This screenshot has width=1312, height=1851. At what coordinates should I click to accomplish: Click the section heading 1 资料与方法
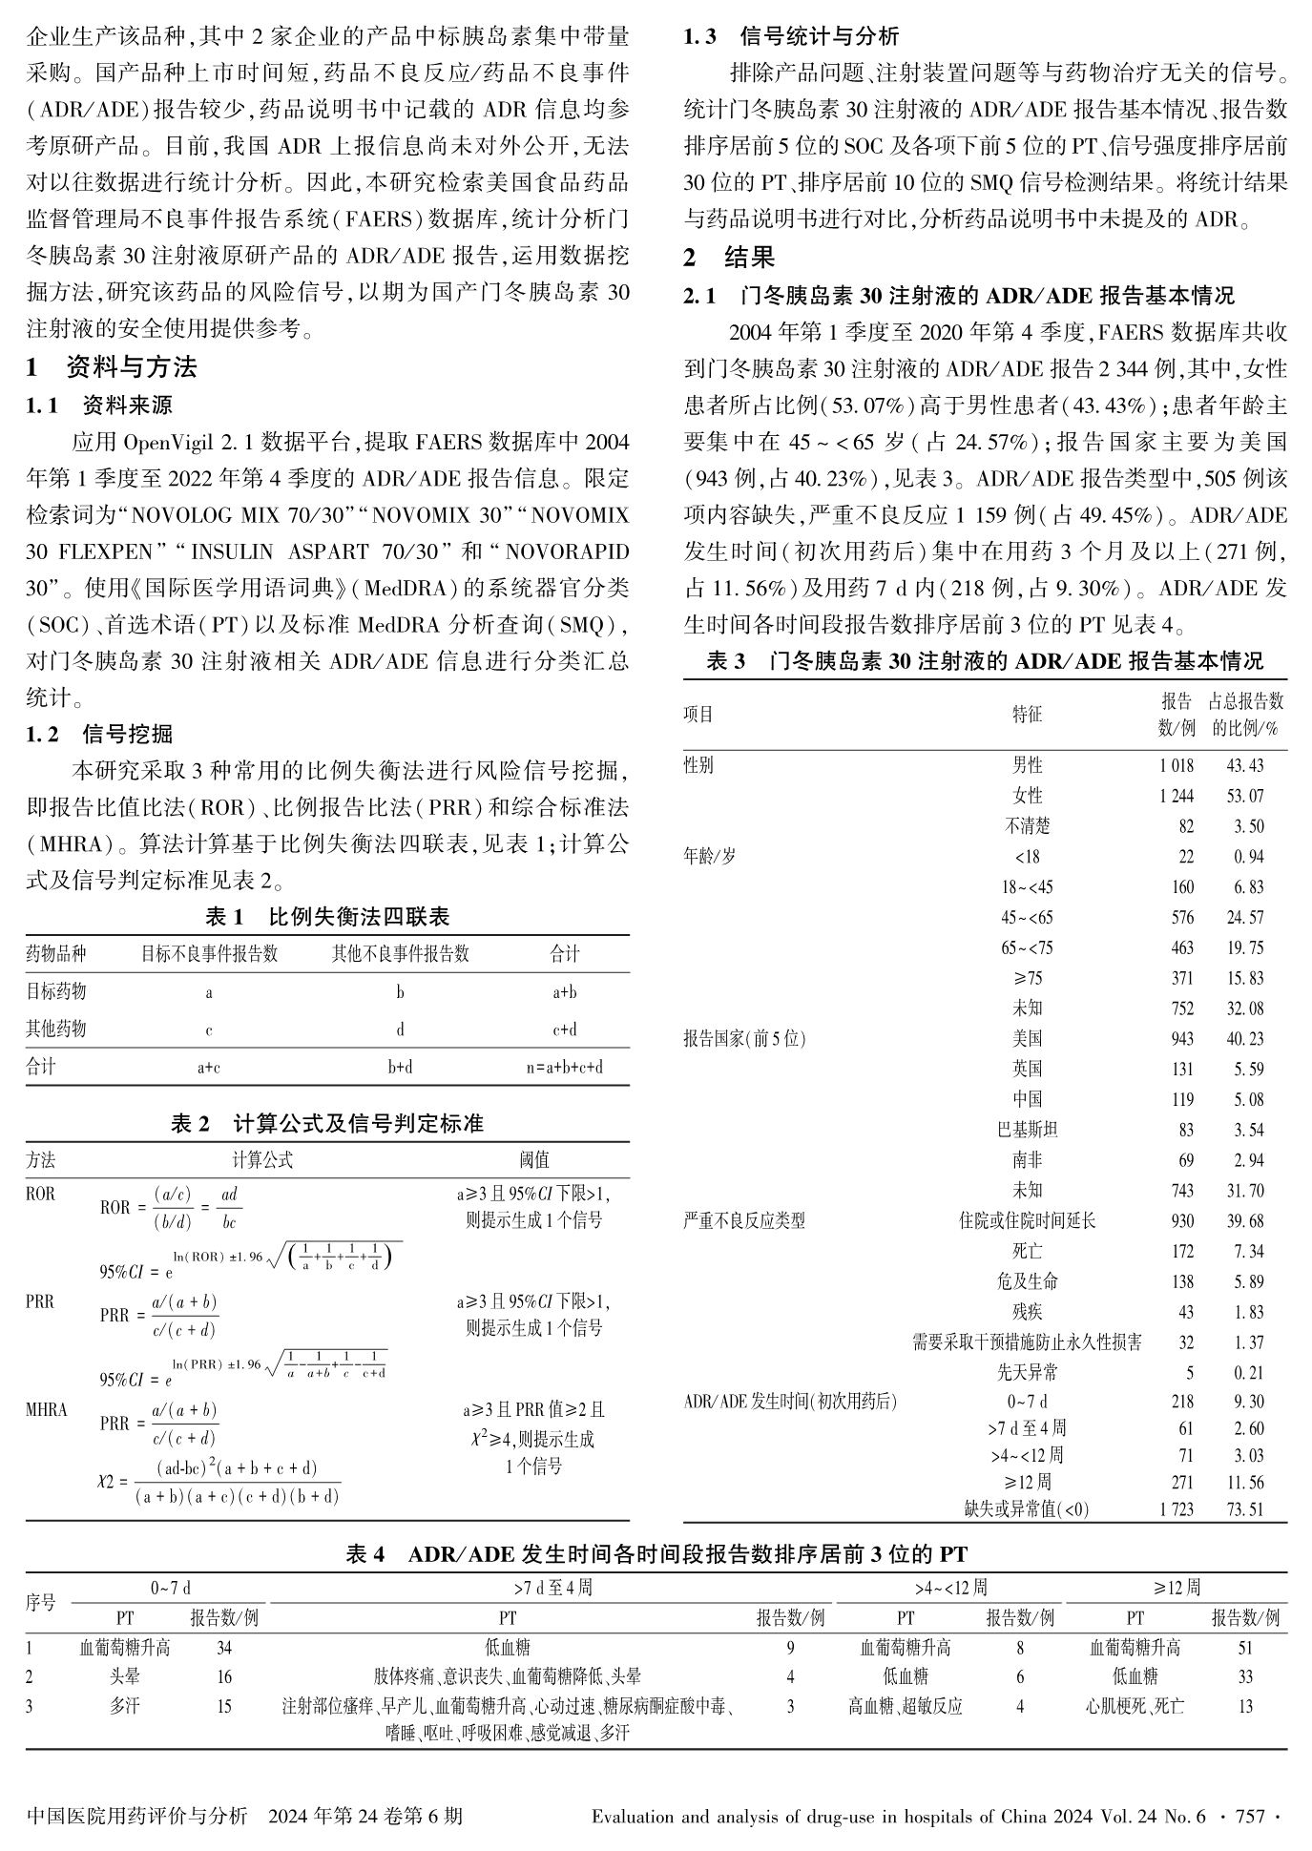pyautogui.click(x=112, y=367)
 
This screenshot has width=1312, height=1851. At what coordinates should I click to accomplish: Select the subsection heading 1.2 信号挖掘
pyautogui.click(x=99, y=734)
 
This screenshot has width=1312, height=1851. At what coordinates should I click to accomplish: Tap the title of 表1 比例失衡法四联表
pyautogui.click(x=327, y=918)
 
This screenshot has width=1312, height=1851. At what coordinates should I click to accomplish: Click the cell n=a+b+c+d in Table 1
pyautogui.click(x=565, y=1067)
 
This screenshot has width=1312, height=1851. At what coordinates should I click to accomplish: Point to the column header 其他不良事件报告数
pyautogui.click(x=400, y=954)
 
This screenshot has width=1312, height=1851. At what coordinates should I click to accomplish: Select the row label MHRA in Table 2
pyautogui.click(x=47, y=1409)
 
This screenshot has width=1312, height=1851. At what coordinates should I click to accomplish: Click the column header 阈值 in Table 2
pyautogui.click(x=534, y=1159)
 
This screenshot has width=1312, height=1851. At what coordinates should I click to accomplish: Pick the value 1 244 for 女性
pyautogui.click(x=1176, y=796)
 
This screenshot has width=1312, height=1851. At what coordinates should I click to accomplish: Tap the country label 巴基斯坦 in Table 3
pyautogui.click(x=1028, y=1130)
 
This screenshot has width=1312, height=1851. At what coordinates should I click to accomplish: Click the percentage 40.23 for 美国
pyautogui.click(x=1245, y=1038)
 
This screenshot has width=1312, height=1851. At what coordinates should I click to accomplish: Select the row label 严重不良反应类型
pyautogui.click(x=744, y=1220)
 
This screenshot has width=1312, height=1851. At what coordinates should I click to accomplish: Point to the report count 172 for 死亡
pyautogui.click(x=1182, y=1251)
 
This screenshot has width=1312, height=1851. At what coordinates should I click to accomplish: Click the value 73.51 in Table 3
pyautogui.click(x=1245, y=1509)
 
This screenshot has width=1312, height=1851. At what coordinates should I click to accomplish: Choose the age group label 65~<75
pyautogui.click(x=1028, y=947)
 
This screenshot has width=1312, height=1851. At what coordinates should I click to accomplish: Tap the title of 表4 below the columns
pyautogui.click(x=656, y=1554)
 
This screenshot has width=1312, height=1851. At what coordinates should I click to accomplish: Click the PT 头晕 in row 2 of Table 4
pyautogui.click(x=124, y=1676)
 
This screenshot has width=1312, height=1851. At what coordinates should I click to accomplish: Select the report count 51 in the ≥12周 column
pyautogui.click(x=1245, y=1648)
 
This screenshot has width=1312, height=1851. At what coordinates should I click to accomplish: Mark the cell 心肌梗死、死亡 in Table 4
pyautogui.click(x=1135, y=1706)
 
